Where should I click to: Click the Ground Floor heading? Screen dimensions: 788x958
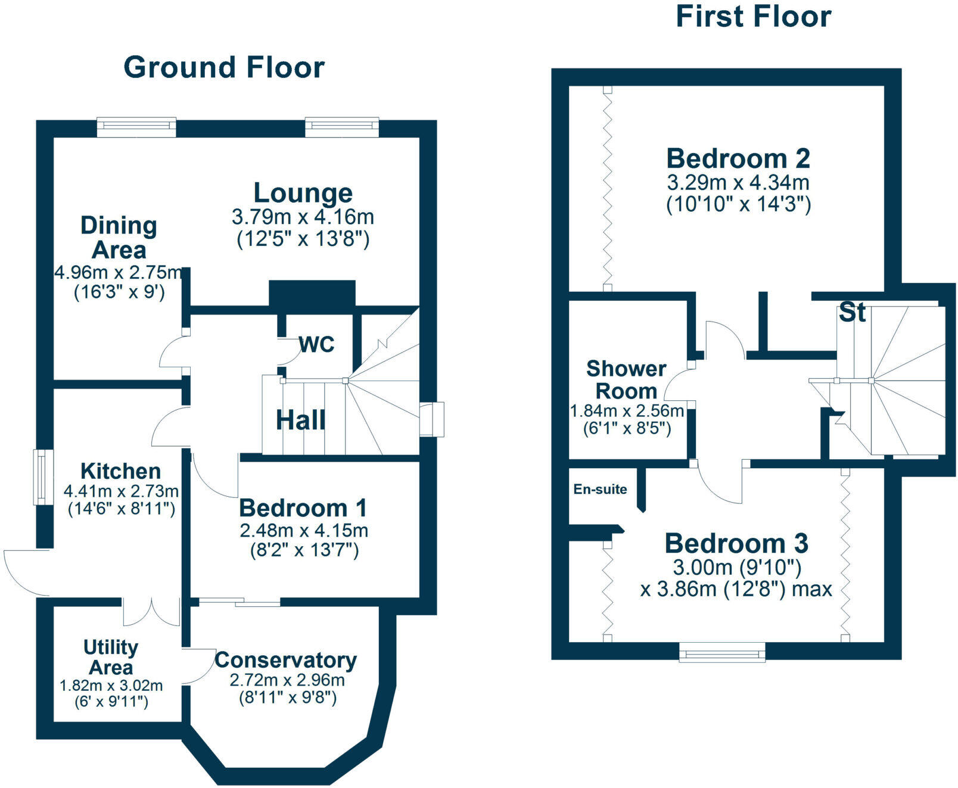(x=224, y=67)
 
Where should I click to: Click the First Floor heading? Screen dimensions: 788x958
(x=753, y=17)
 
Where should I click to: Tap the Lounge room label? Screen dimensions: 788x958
(x=303, y=193)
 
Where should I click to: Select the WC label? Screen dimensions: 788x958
(x=316, y=344)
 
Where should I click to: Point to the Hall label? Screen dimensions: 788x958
(x=301, y=421)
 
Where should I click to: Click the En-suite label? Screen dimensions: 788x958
(x=600, y=490)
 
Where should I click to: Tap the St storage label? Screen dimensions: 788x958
(x=852, y=313)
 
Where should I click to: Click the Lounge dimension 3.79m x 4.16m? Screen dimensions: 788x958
(x=303, y=216)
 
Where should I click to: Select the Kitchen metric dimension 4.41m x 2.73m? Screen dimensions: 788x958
(x=121, y=491)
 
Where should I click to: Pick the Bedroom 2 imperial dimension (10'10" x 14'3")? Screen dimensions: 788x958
(x=738, y=204)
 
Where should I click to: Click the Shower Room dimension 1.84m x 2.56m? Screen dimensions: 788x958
(x=627, y=411)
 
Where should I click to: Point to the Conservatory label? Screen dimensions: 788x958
(x=286, y=660)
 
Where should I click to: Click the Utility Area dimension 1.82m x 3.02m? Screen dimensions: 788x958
(x=111, y=686)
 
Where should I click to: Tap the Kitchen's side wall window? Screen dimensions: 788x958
(x=41, y=476)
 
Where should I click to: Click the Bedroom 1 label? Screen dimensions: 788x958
(x=303, y=508)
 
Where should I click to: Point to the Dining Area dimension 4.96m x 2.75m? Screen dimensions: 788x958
(x=119, y=273)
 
